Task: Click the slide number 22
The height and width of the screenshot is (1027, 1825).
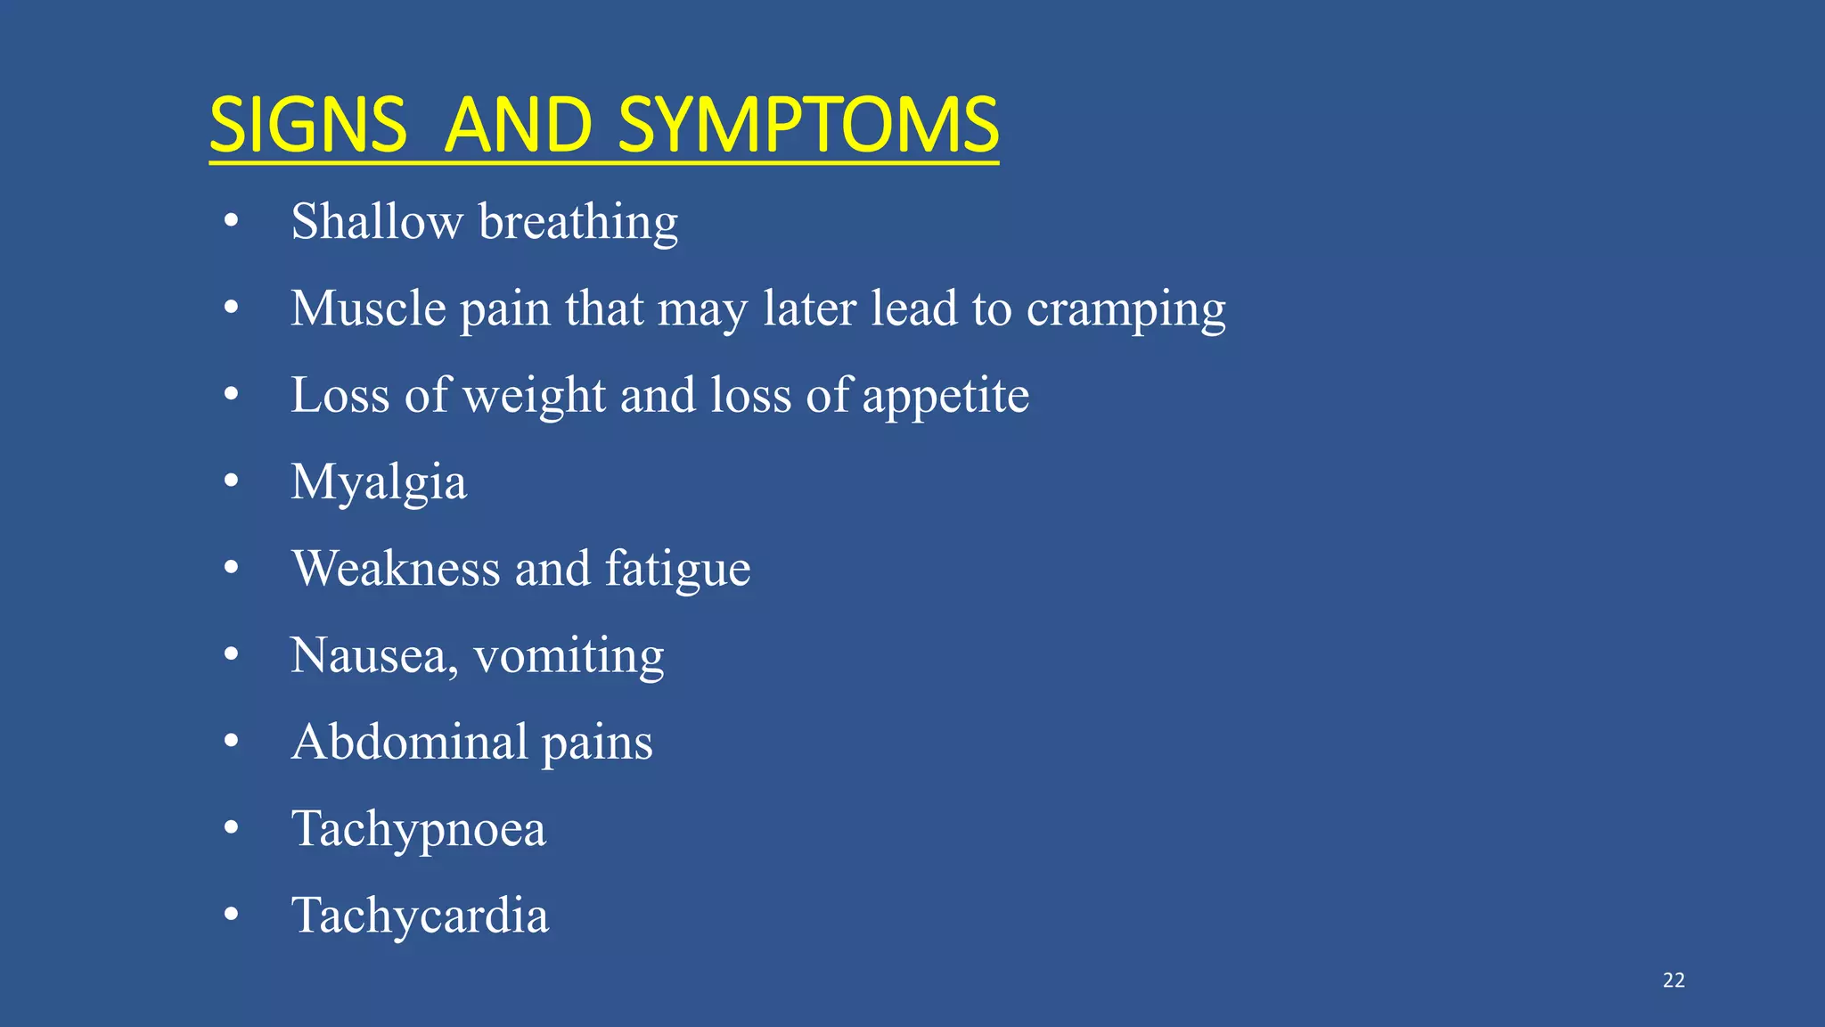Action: click(1674, 981)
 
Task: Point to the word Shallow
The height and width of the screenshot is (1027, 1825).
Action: click(377, 221)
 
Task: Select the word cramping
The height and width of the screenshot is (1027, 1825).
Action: click(1125, 310)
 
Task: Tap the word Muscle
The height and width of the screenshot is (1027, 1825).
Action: click(368, 308)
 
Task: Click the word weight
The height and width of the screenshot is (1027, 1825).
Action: click(535, 396)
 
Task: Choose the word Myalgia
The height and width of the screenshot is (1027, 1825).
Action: click(379, 483)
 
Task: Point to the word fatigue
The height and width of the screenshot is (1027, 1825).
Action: click(677, 570)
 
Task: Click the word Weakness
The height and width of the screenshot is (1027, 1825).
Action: click(396, 568)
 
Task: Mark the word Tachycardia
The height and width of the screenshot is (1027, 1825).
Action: click(420, 916)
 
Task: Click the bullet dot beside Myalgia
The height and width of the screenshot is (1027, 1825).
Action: click(232, 481)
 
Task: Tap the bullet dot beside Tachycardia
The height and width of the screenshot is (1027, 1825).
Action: click(232, 914)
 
